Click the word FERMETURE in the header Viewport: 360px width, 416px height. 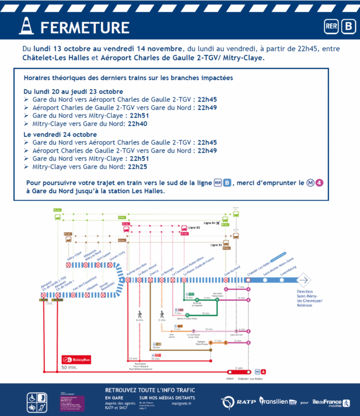85,28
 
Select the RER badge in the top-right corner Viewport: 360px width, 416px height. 330,27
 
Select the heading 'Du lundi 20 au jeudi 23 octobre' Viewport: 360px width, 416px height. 73,91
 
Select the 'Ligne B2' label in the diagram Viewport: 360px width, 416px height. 194,227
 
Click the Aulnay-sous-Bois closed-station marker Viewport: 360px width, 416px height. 128,280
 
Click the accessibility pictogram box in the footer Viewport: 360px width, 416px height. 38,402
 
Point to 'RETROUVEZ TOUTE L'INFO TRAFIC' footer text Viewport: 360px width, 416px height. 148,390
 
